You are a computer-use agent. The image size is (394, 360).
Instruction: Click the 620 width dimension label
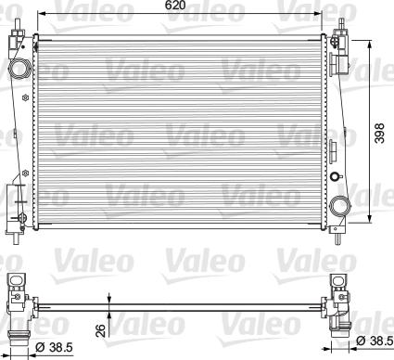(175, 6)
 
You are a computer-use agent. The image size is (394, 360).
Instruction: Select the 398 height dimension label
(380, 134)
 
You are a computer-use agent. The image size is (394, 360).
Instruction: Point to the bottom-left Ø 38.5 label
(54, 347)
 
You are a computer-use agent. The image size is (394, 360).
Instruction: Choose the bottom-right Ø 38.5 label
(375, 341)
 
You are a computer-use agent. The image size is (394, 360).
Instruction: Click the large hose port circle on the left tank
(19, 68)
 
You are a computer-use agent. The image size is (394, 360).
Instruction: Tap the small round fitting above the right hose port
(335, 176)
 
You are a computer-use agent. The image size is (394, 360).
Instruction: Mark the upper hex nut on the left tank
(25, 97)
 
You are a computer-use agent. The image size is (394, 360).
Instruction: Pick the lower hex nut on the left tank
(25, 173)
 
